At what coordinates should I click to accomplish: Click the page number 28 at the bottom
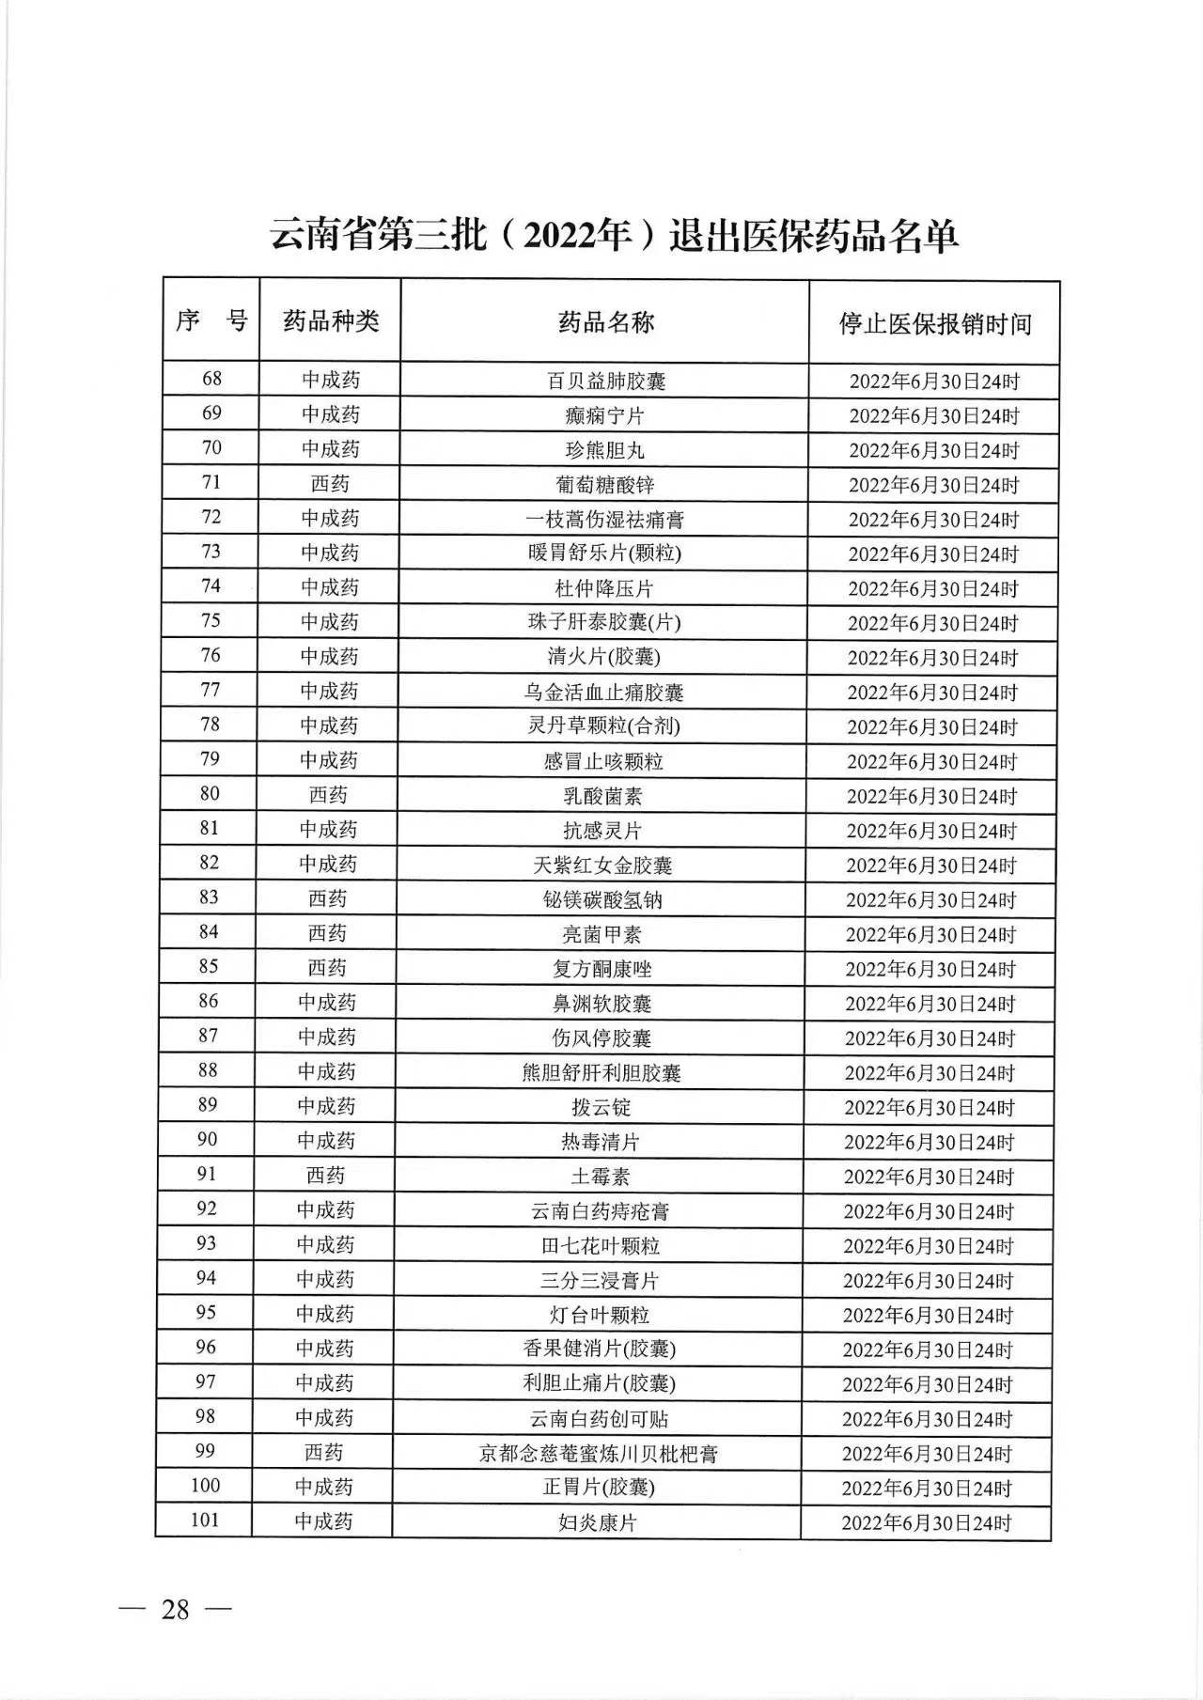coord(175,1609)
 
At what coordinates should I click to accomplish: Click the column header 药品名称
coord(605,322)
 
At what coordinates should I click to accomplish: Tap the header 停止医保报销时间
coord(934,324)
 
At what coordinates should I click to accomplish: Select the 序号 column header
coord(211,320)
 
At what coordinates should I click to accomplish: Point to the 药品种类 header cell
coord(331,321)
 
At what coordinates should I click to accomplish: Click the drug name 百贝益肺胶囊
coord(606,381)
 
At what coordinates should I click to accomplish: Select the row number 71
coord(211,482)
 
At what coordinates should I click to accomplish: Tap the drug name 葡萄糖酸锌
coord(604,485)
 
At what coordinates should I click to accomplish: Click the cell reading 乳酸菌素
coord(602,796)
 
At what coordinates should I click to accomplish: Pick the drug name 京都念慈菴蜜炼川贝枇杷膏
coord(599,1454)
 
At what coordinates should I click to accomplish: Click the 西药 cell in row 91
coord(325,1176)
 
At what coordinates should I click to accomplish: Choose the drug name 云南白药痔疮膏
coord(600,1211)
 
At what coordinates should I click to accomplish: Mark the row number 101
coord(205,1520)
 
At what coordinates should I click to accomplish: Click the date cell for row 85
coord(930,969)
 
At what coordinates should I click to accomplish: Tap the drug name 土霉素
coord(600,1177)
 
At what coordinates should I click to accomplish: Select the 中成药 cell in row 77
coord(329,691)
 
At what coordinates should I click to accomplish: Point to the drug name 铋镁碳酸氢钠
coord(602,899)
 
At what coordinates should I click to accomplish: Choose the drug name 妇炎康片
coord(598,1522)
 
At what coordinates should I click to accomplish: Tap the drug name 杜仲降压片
coord(604,588)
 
